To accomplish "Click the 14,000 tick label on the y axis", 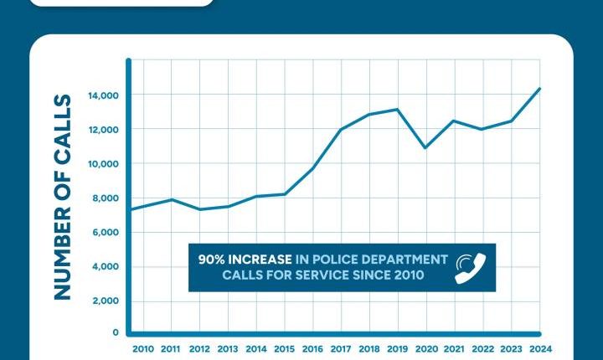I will point(105,96).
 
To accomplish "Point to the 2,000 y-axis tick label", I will point(107,301).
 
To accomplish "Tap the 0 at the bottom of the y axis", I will point(116,332).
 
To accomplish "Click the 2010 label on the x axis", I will point(143,348).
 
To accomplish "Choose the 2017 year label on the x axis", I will point(341,348).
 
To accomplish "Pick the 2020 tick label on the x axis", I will point(426,348).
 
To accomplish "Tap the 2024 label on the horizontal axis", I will point(539,348).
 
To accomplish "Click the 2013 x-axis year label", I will point(228,348).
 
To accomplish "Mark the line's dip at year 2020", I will point(426,148).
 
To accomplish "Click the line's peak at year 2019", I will point(398,110).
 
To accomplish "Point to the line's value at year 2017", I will point(341,130).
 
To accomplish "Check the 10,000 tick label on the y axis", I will point(105,164).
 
